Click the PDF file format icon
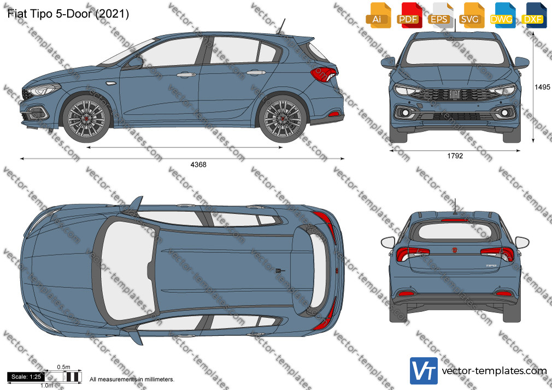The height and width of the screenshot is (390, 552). point(408,15)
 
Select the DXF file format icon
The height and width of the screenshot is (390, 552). point(534,15)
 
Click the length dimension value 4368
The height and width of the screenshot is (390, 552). point(198,164)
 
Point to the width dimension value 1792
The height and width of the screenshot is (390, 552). point(455,156)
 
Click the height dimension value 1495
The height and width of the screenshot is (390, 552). point(542,87)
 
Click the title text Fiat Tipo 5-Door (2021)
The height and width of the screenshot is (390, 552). point(68,14)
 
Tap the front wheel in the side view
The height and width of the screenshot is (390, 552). point(86,118)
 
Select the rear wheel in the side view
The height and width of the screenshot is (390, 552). point(283,118)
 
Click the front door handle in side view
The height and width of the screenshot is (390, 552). point(186,75)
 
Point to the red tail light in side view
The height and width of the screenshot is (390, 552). point(324,74)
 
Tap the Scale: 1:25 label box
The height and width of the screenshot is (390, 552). point(26,377)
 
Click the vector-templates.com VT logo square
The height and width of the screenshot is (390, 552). point(424,371)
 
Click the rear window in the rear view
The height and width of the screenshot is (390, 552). point(455,232)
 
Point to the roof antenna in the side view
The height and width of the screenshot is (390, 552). point(281,26)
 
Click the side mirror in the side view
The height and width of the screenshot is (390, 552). point(135,63)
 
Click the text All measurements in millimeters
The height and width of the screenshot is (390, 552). point(132,380)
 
